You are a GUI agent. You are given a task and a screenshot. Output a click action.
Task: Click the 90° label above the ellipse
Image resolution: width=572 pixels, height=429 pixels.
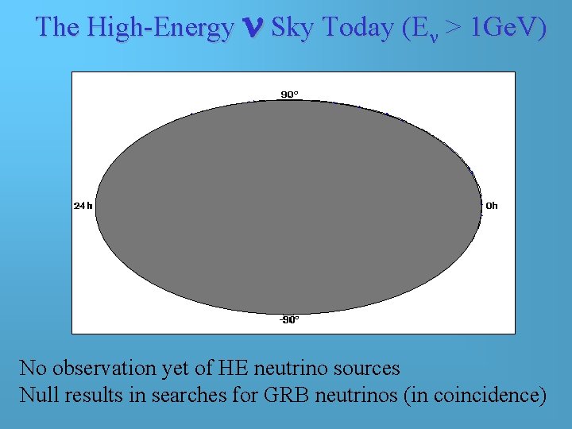[290, 95]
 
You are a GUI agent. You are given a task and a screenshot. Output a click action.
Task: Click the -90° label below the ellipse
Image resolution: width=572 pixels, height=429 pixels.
[289, 320]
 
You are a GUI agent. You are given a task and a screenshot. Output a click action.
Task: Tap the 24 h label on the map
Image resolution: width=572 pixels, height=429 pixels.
[83, 206]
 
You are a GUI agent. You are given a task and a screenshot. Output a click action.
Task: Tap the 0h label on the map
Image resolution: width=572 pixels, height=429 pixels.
[492, 206]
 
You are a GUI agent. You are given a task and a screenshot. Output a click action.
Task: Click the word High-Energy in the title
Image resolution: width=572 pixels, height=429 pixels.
[160, 28]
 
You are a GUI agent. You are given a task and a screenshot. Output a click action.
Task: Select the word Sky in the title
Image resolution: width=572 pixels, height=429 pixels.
[289, 28]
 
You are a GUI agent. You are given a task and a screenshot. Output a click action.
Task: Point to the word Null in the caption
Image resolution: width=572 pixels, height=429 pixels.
[37, 395]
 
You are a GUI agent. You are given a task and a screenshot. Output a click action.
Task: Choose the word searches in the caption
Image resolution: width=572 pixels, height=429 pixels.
[189, 395]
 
